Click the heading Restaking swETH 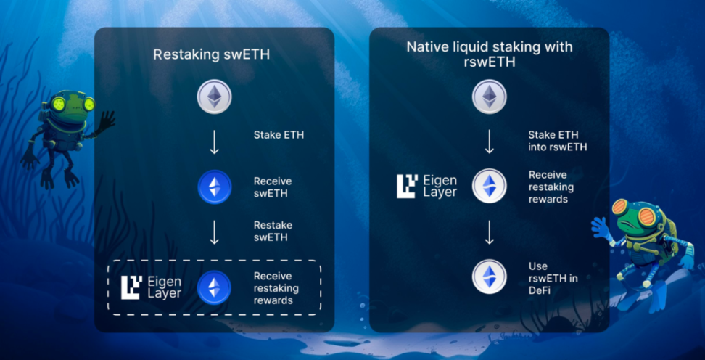212,54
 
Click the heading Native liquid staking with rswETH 489,54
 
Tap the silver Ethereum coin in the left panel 215,97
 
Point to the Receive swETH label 273,187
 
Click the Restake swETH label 273,231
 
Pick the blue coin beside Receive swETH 215,187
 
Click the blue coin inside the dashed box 215,287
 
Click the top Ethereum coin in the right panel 490,97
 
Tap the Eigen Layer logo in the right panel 427,186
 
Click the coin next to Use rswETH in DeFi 490,277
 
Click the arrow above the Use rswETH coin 490,232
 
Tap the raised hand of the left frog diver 106,120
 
